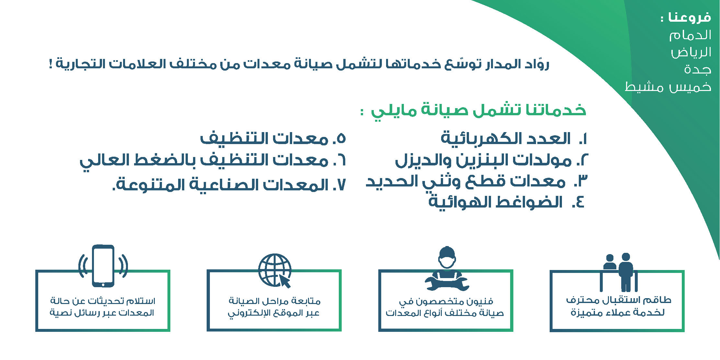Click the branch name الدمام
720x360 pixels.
[x=690, y=35]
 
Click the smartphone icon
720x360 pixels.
[x=103, y=266]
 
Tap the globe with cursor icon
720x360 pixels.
[x=275, y=271]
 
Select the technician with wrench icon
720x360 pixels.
[x=447, y=268]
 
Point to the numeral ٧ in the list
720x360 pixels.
[x=341, y=185]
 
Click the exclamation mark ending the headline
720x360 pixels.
[x=51, y=63]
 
